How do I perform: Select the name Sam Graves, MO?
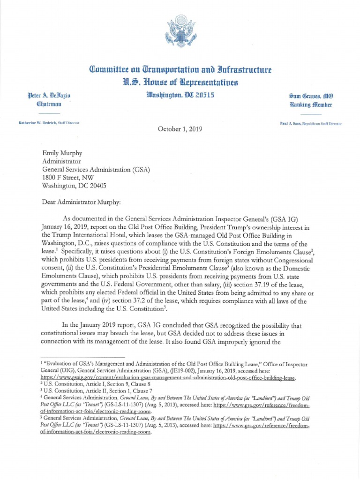coord(310,96)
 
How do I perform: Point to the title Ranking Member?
coord(310,104)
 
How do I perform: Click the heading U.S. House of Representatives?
coord(180,83)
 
